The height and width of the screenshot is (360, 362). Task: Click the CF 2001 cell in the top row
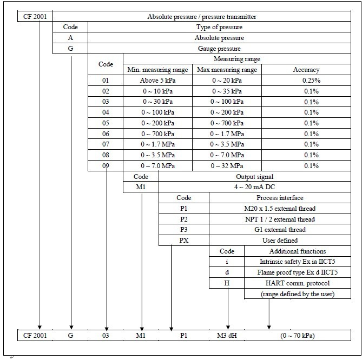click(35, 16)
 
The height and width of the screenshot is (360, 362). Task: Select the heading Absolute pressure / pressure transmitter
click(202, 16)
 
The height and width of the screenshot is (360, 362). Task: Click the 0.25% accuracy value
click(311, 80)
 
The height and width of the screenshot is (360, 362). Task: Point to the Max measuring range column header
click(227, 70)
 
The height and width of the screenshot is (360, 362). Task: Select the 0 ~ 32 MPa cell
click(227, 166)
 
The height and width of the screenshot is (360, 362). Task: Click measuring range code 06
click(106, 134)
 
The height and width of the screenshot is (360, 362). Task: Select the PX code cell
click(184, 241)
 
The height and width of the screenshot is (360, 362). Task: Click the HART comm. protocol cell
click(298, 283)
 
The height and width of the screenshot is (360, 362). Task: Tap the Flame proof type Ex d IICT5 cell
click(298, 272)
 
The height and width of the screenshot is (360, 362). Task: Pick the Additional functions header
click(298, 251)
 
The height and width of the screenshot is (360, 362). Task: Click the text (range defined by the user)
click(298, 294)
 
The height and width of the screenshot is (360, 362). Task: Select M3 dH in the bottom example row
click(227, 336)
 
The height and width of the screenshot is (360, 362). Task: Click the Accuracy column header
click(306, 70)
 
